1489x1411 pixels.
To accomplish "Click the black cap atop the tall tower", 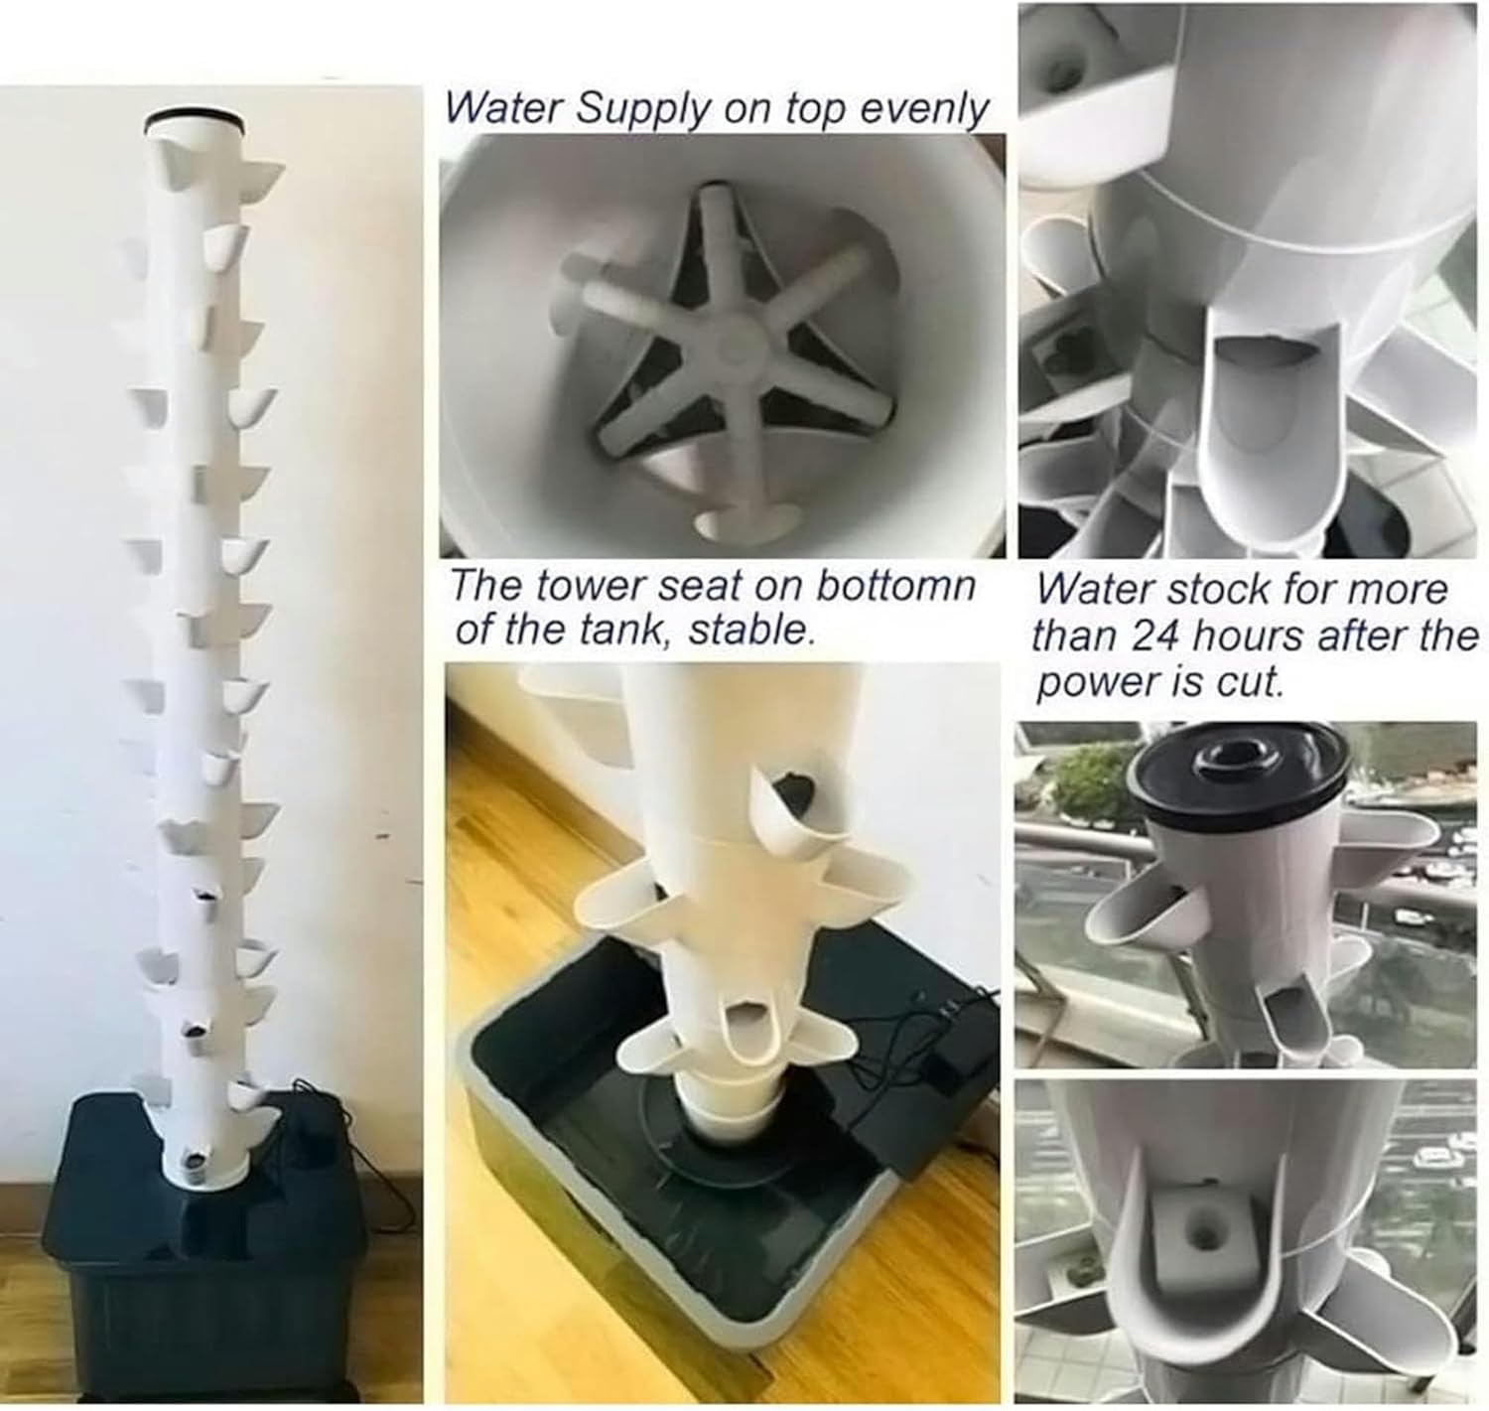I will click(x=195, y=124).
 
